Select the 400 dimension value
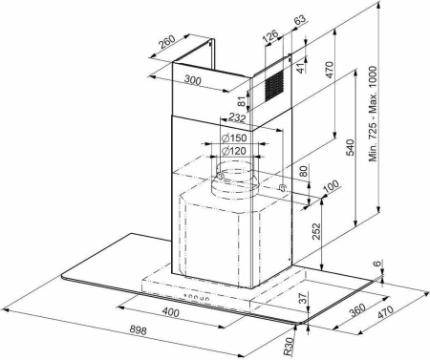[x=170, y=313]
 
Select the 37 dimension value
[x=304, y=300]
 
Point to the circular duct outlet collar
[x=229, y=179]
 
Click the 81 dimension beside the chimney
[x=242, y=98]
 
